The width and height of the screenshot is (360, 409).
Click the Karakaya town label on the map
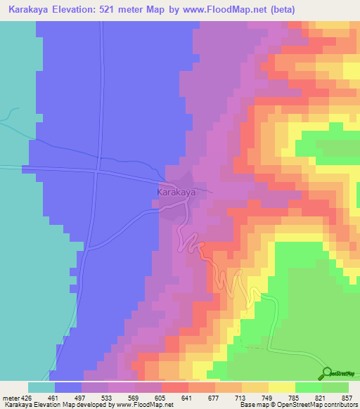point(175,190)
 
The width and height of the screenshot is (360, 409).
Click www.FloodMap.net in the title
point(221,9)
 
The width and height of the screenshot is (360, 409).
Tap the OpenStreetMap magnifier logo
point(327,372)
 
